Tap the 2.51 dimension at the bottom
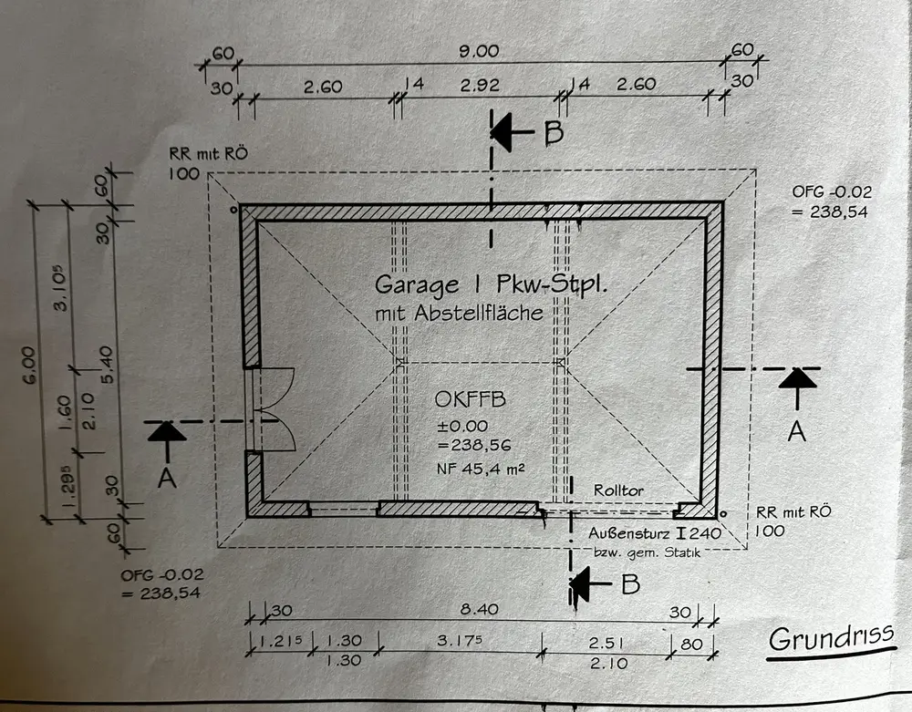point(604,640)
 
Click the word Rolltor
point(618,490)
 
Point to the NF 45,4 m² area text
point(474,469)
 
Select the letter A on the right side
point(796,432)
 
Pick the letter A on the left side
point(167,477)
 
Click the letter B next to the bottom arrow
point(630,583)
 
